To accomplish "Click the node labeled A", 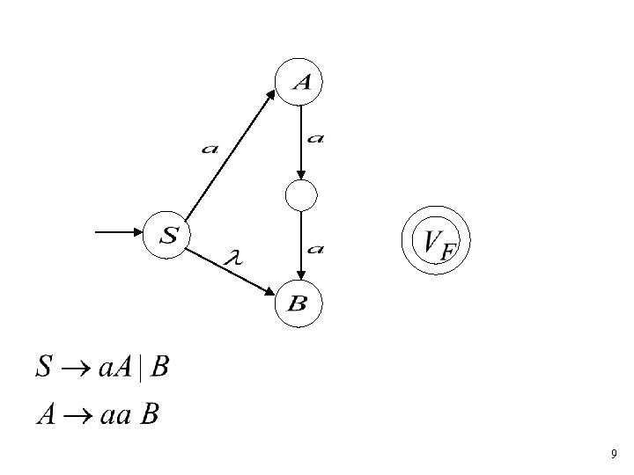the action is [x=301, y=83].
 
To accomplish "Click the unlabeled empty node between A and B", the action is [x=301, y=195].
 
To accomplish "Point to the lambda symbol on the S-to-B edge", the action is [x=233, y=258].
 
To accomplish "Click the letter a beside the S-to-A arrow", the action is [x=210, y=149].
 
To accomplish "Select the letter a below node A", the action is [x=315, y=137].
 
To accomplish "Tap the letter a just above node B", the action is [x=315, y=250].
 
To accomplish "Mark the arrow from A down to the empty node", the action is [x=301, y=141].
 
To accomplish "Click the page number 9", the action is [x=613, y=455].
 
